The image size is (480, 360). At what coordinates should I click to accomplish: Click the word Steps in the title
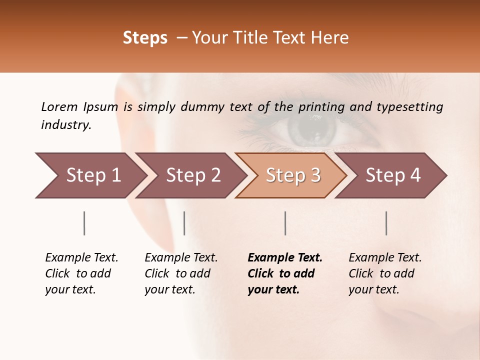tap(145, 38)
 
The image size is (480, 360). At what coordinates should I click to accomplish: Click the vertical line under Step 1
tap(84, 223)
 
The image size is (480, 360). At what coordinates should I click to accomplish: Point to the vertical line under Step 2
tap(184, 223)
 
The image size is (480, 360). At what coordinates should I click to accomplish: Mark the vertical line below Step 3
tap(285, 223)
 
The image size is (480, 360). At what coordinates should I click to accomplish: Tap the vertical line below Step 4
tap(386, 223)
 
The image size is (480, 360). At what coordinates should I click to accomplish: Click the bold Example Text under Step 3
tap(285, 258)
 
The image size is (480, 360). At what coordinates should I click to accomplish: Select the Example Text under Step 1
tap(81, 258)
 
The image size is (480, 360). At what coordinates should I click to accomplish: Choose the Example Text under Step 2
tap(181, 258)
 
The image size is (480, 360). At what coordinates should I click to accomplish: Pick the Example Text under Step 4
tap(385, 258)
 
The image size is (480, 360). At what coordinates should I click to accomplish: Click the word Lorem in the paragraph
tap(59, 106)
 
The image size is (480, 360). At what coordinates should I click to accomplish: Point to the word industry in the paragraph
tap(65, 125)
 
